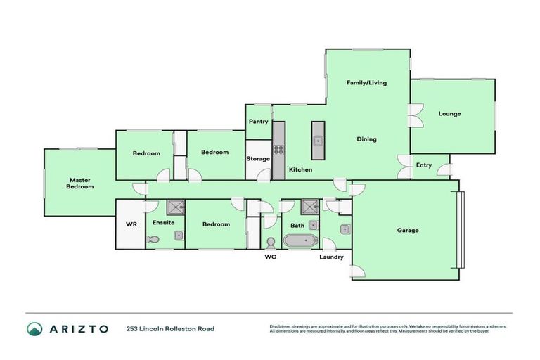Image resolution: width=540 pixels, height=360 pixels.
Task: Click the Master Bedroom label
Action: click(79, 183)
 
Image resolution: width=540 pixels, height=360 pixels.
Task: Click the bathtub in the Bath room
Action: click(300, 241)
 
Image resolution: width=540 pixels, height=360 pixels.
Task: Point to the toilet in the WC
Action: click(270, 241)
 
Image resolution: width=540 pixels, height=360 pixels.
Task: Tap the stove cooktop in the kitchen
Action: click(278, 149)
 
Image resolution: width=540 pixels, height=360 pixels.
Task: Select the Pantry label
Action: click(258, 122)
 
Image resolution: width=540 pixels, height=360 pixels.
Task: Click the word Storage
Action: click(257, 159)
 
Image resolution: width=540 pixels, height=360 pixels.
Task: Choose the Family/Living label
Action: click(366, 82)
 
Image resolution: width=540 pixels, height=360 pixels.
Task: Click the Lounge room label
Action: click(449, 113)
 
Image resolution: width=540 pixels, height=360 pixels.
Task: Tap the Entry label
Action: click(423, 165)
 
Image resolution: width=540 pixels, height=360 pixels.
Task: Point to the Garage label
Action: click(407, 230)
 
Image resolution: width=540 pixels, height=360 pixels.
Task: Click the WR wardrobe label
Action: click(130, 224)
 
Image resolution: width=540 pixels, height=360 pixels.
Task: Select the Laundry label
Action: click(331, 257)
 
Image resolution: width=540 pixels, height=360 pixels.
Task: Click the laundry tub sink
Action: click(344, 229)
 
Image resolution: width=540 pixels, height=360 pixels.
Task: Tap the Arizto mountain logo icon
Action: click(34, 328)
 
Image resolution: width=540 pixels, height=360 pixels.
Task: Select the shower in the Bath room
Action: click(309, 207)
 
